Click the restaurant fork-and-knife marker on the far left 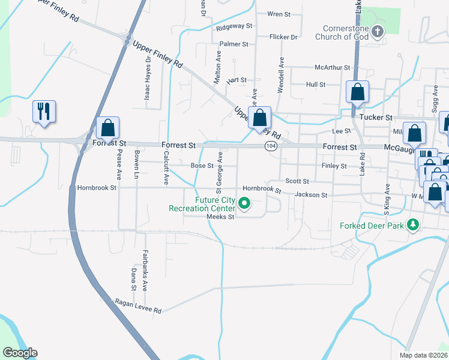pyautogui.click(x=44, y=111)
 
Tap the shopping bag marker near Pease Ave pyautogui.click(x=108, y=128)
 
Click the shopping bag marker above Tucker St pyautogui.click(x=357, y=92)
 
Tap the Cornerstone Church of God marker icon pyautogui.click(x=378, y=32)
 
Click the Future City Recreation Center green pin pyautogui.click(x=245, y=204)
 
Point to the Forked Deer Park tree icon pyautogui.click(x=412, y=225)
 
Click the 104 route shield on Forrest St pyautogui.click(x=271, y=146)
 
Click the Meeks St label pyautogui.click(x=220, y=217)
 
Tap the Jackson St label pyautogui.click(x=311, y=194)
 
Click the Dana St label pyautogui.click(x=134, y=279)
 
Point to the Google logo pyautogui.click(x=20, y=353)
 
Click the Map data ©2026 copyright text pyautogui.click(x=423, y=355)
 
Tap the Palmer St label pyautogui.click(x=234, y=44)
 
